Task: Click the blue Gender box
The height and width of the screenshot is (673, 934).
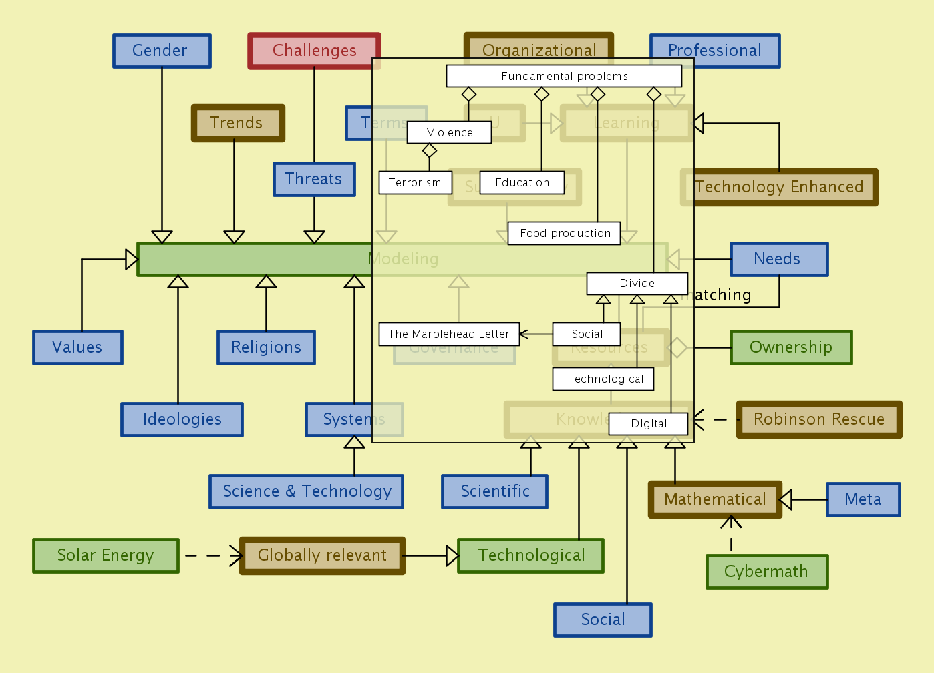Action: pyautogui.click(x=162, y=51)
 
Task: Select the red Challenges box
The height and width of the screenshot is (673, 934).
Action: pyautogui.click(x=314, y=51)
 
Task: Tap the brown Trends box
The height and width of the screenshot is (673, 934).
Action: pyautogui.click(x=238, y=123)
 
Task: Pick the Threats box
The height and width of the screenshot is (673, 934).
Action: pyautogui.click(x=314, y=179)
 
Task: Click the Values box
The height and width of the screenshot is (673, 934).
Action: pyautogui.click(x=77, y=347)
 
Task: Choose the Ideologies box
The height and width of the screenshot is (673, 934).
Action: pyautogui.click(x=182, y=419)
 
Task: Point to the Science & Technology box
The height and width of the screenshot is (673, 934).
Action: pyautogui.click(x=306, y=491)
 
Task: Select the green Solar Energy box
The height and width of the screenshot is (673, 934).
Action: pyautogui.click(x=106, y=555)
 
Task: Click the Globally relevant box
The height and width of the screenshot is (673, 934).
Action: pyautogui.click(x=322, y=555)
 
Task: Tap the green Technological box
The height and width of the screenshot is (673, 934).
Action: pyautogui.click(x=530, y=555)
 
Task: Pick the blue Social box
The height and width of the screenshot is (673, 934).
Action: pyautogui.click(x=603, y=620)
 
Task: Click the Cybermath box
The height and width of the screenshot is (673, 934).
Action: pyautogui.click(x=767, y=572)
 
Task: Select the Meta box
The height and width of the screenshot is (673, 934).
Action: pyautogui.click(x=863, y=499)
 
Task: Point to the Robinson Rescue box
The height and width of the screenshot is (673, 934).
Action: pyautogui.click(x=819, y=419)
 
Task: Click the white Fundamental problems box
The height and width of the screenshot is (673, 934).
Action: pyautogui.click(x=564, y=76)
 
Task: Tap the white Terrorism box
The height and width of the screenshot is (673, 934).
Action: pyautogui.click(x=415, y=182)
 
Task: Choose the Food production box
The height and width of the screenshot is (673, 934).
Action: pyautogui.click(x=565, y=233)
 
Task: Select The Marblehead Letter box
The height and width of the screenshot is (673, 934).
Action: pyautogui.click(x=448, y=334)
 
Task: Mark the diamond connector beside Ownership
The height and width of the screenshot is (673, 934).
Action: pyautogui.click(x=677, y=347)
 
